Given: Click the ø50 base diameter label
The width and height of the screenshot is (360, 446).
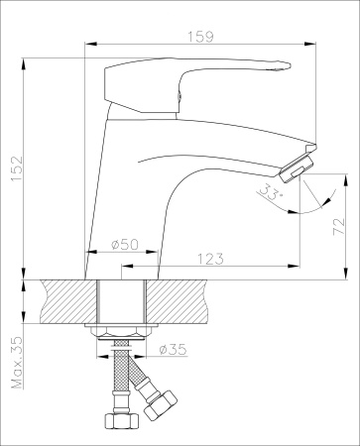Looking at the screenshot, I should (x=124, y=244).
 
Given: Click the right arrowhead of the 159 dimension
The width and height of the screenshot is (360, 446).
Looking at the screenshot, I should (x=296, y=45).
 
